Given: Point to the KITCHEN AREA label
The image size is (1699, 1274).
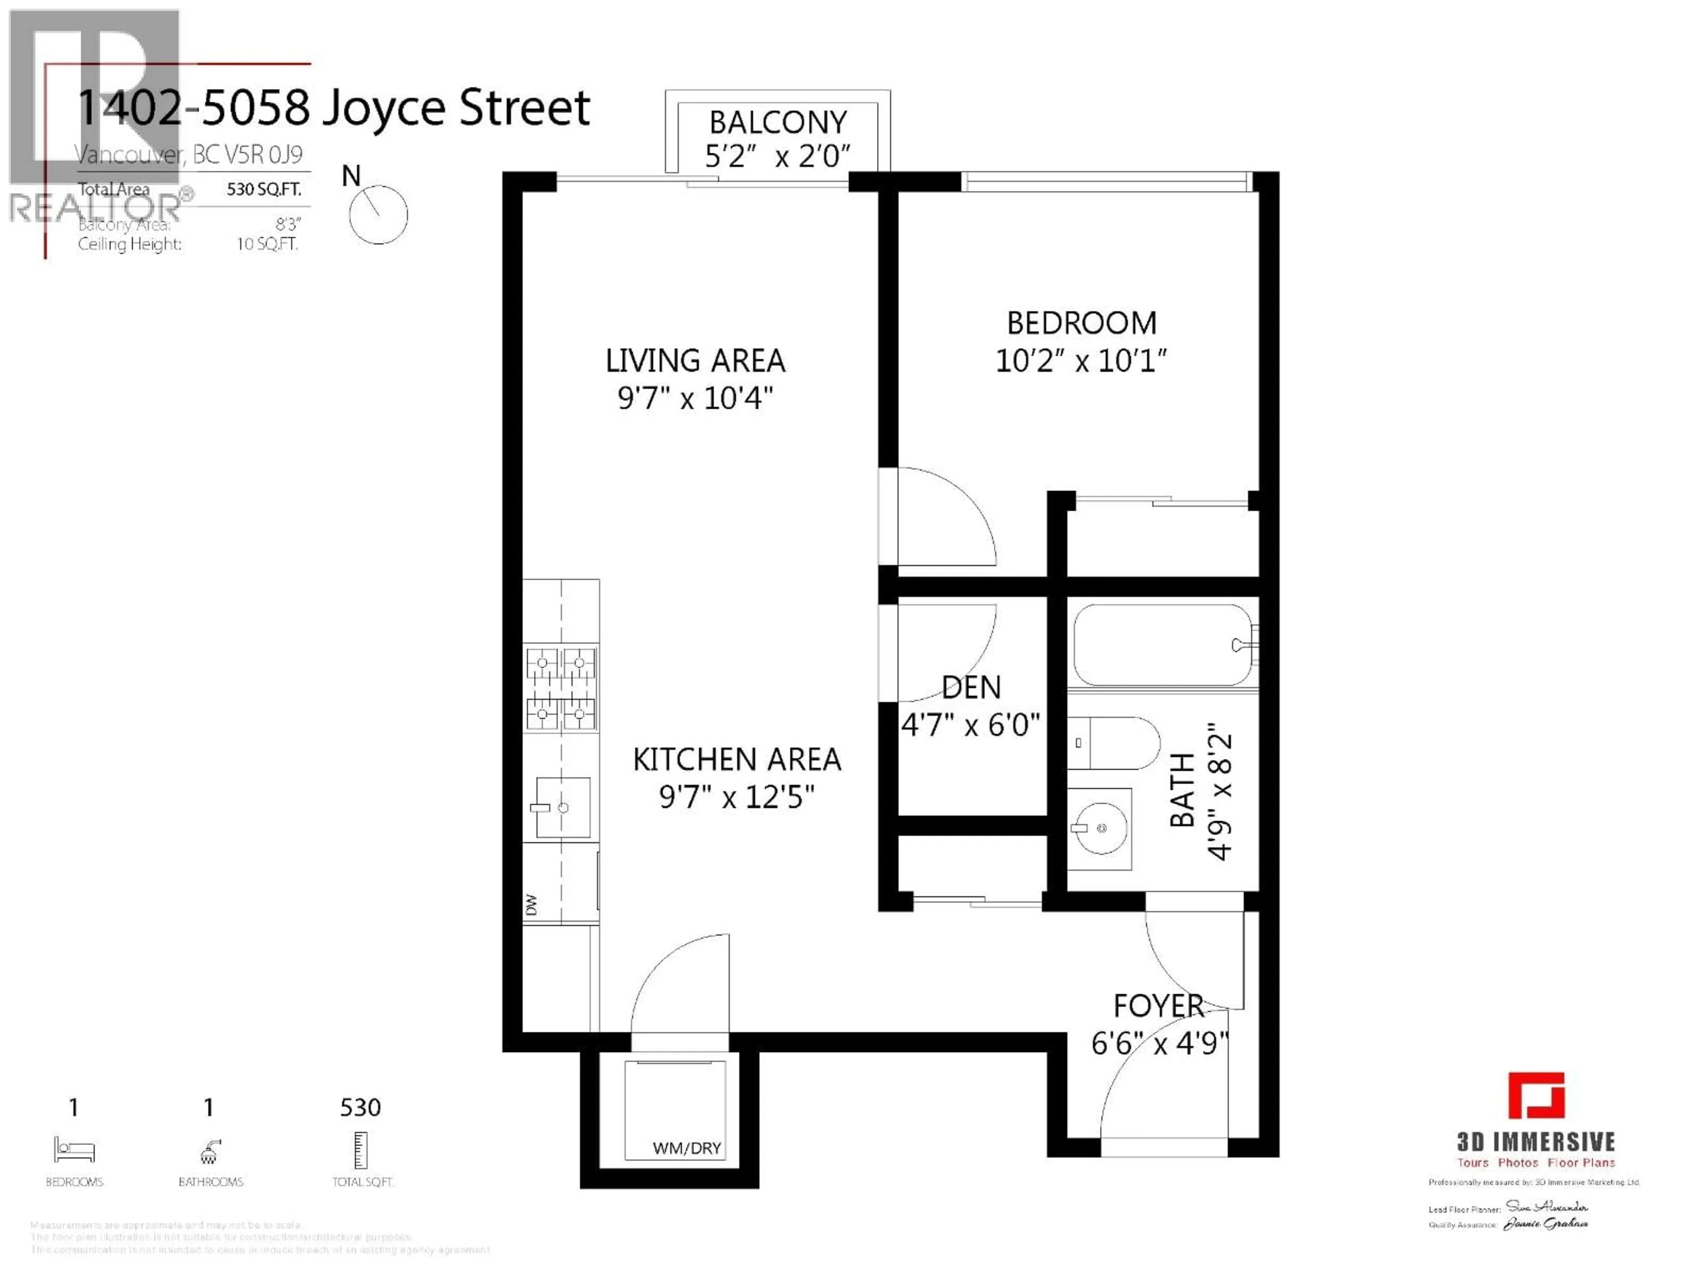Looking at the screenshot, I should (737, 760).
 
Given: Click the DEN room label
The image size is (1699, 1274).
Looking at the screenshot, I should (971, 687).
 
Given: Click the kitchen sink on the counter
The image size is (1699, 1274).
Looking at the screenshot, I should (563, 807).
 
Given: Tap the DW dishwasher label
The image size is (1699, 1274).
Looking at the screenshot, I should (531, 905).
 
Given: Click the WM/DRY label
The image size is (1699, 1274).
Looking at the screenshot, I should (687, 1148).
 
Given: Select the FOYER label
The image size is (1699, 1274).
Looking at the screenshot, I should (1158, 1005).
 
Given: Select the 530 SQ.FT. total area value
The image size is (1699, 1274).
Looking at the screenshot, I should (263, 189).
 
